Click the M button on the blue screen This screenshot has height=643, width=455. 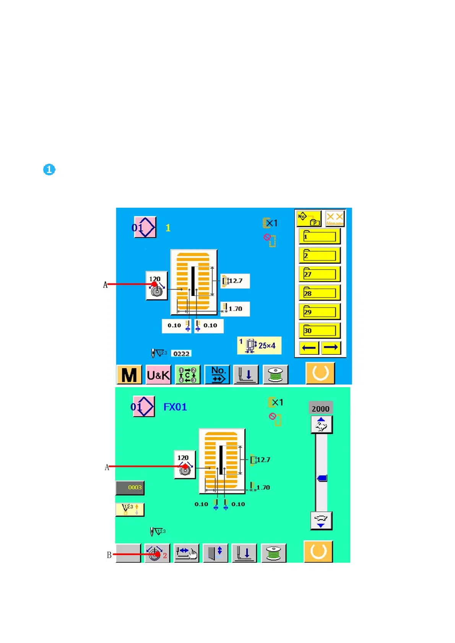[129, 375]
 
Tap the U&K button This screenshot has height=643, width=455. [158, 375]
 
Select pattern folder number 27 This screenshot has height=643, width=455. [320, 274]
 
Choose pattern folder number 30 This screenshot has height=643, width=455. [320, 330]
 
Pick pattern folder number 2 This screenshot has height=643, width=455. [320, 255]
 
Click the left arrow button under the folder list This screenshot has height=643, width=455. [309, 347]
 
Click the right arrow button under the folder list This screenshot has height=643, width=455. [331, 347]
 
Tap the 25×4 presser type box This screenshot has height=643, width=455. [259, 345]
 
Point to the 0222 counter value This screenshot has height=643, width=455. [181, 354]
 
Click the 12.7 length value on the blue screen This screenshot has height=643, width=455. [235, 281]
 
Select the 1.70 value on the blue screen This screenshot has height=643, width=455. [235, 309]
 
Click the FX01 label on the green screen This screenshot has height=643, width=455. [175, 407]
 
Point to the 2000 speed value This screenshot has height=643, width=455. [320, 409]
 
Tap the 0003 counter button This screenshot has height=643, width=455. [130, 488]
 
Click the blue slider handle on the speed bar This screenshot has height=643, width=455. [322, 478]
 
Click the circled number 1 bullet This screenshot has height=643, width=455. [49, 170]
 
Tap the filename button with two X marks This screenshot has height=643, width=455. [335, 219]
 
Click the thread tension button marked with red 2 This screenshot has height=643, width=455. [157, 554]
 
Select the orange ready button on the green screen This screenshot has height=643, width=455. [318, 551]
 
